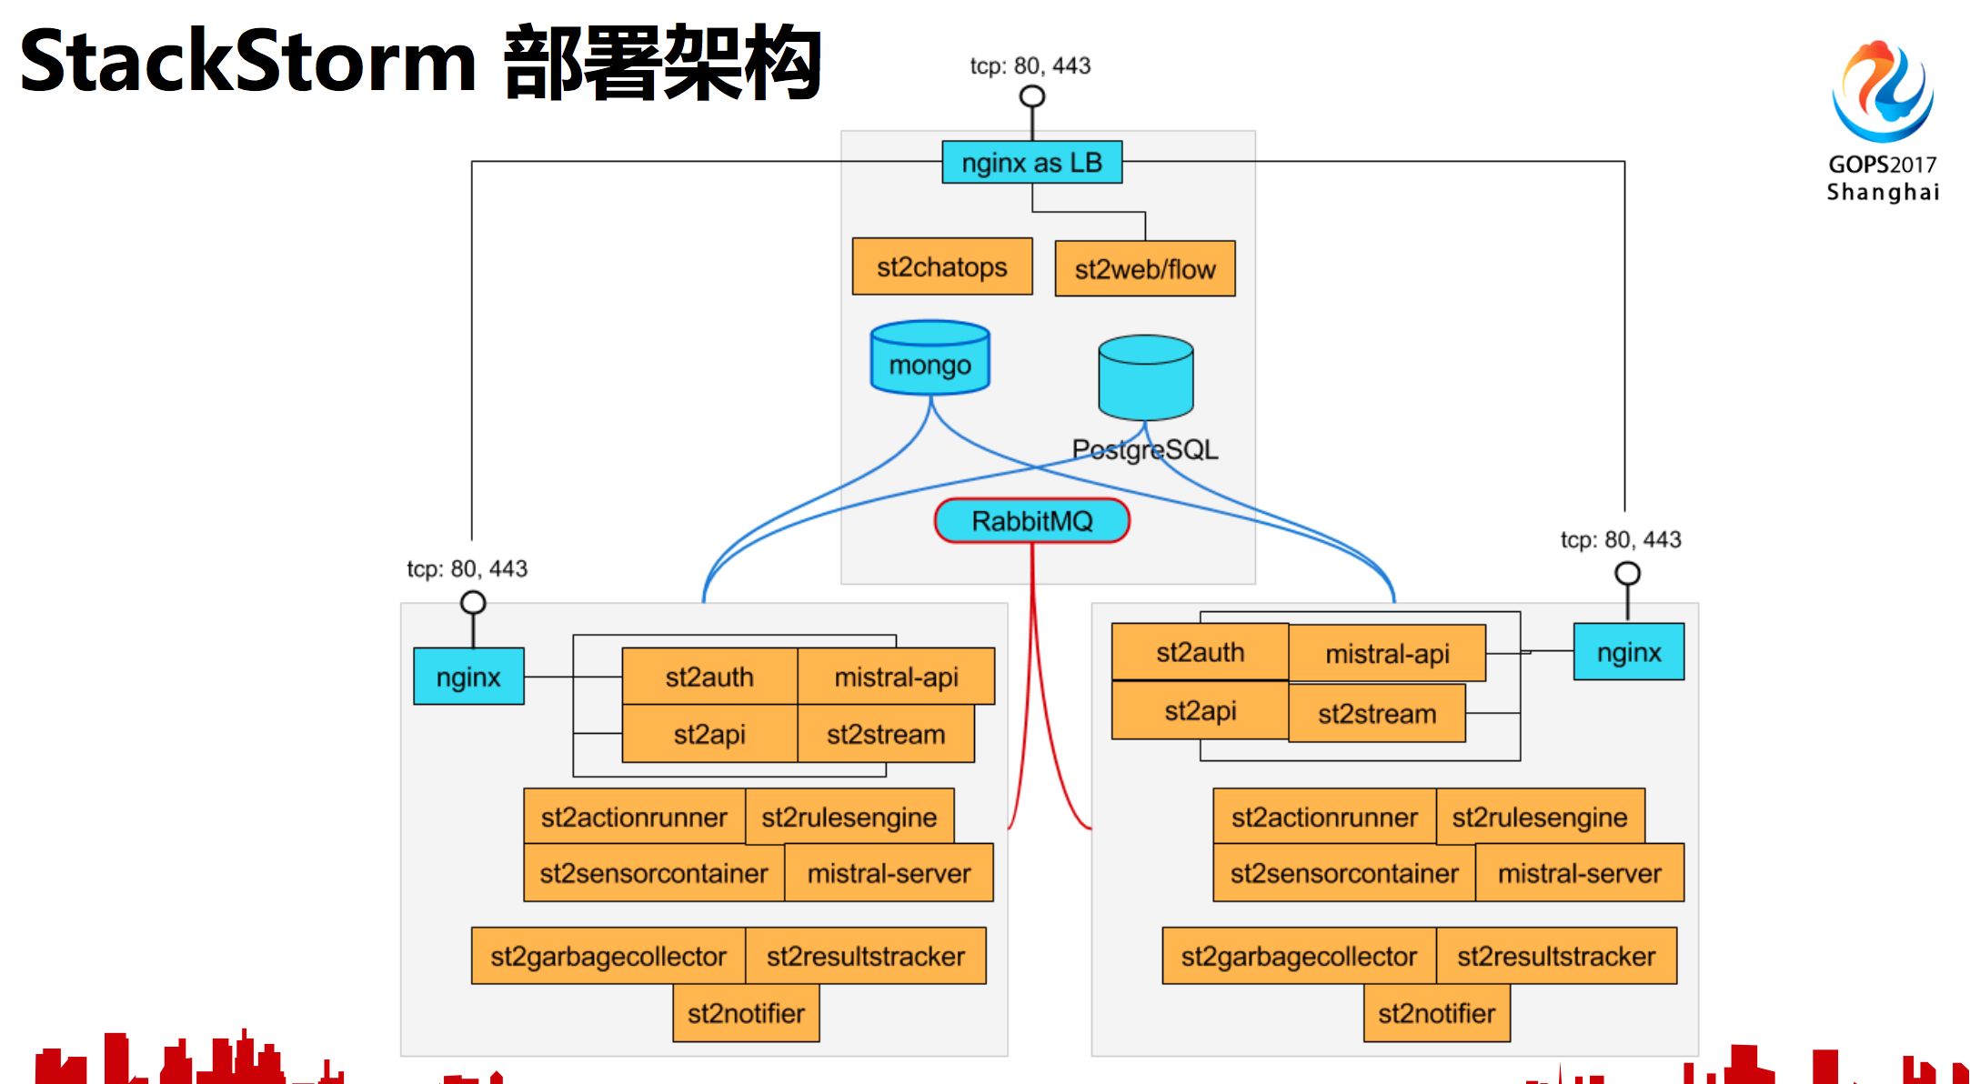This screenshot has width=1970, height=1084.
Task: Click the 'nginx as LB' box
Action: (x=1031, y=163)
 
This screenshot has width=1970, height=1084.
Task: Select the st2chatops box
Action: (x=941, y=267)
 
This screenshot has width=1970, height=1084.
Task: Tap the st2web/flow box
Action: (x=1144, y=269)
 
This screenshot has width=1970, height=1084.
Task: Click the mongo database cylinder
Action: (x=930, y=360)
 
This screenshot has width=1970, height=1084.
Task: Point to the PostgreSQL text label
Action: (x=1144, y=449)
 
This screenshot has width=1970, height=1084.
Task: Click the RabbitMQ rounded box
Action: (x=1031, y=521)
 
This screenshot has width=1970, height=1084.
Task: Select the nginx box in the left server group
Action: (x=468, y=677)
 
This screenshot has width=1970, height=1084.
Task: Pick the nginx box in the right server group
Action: (x=1628, y=652)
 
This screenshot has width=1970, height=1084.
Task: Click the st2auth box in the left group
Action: (x=709, y=677)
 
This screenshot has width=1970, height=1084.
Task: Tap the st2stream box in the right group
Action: (x=1376, y=714)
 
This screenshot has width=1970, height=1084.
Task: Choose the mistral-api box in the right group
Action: (x=1386, y=654)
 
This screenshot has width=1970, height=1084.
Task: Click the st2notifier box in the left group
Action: (x=746, y=1013)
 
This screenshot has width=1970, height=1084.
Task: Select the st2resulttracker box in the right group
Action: (x=1555, y=956)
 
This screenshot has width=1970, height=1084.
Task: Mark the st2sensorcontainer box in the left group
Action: (x=653, y=873)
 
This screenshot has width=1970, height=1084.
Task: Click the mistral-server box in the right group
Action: (x=1579, y=873)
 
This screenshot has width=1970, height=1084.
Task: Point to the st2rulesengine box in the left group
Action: (x=849, y=817)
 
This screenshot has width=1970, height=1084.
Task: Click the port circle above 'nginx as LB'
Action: (x=1031, y=96)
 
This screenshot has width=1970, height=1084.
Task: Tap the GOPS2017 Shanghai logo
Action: (x=1882, y=118)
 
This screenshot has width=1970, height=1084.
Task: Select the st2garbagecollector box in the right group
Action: (x=1298, y=956)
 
